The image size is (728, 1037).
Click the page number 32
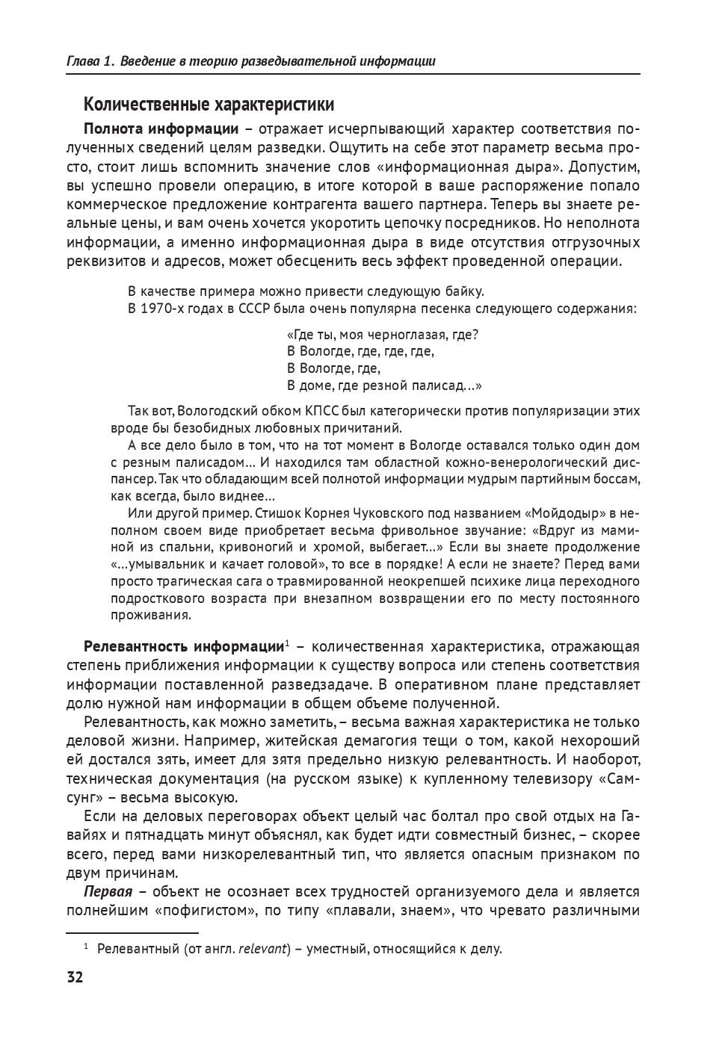click(x=75, y=977)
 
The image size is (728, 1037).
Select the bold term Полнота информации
click(x=161, y=129)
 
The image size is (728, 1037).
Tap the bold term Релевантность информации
click(x=183, y=646)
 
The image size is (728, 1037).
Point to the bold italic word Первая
click(x=108, y=891)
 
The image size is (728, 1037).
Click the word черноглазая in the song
click(x=413, y=335)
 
